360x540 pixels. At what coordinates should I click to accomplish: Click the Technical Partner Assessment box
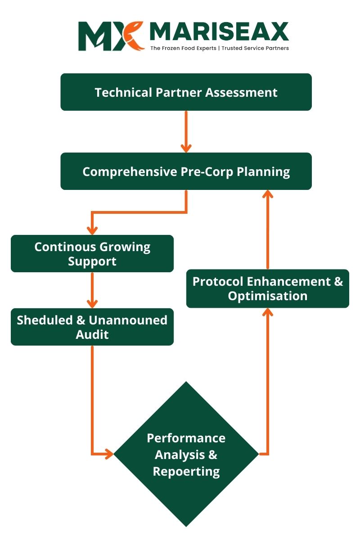coord(186,92)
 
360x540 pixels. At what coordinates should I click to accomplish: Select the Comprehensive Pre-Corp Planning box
coord(186,171)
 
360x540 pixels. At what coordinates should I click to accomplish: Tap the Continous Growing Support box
coord(92,254)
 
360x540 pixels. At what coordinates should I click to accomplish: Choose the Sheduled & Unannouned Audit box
coord(92,327)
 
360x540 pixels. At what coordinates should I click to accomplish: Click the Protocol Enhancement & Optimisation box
coord(268,289)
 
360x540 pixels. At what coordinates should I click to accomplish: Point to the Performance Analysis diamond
coord(186,454)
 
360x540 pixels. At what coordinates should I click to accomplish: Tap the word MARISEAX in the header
coord(219,32)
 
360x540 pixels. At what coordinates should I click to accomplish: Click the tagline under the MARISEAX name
coord(219,48)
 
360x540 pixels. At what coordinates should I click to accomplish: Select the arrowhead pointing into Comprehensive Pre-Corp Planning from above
coord(186,148)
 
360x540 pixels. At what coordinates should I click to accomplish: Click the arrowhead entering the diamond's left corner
coord(108,454)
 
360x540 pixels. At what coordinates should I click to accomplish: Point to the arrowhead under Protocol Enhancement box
coord(268,313)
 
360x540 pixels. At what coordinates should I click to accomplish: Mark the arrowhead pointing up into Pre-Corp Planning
coord(268,194)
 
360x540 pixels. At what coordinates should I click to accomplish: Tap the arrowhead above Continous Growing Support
coord(92,230)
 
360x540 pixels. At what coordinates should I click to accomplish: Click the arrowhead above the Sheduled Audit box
coord(92,303)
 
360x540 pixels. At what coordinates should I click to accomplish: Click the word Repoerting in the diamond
coord(186,472)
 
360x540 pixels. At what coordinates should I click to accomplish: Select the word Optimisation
coord(268,296)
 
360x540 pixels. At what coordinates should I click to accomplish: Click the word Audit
coord(92,335)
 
